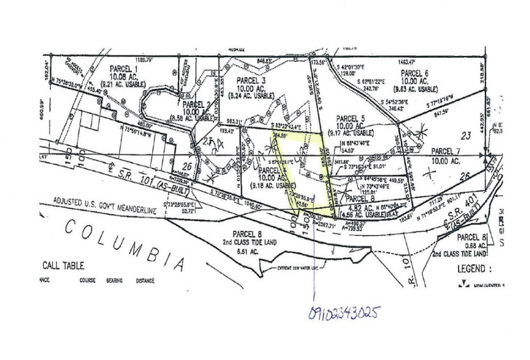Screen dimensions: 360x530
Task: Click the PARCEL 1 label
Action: (x=122, y=69)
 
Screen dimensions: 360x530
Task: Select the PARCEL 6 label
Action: (x=412, y=73)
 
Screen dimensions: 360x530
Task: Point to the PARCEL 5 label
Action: (x=350, y=118)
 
